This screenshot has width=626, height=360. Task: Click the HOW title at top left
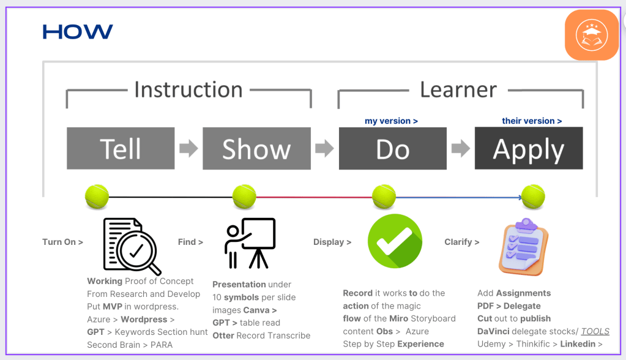78,32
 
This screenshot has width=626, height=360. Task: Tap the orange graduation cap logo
592,35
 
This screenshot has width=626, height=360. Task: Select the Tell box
121,148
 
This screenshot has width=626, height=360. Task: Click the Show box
257,148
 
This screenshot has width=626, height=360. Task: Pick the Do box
393,148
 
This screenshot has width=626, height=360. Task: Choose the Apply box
529,148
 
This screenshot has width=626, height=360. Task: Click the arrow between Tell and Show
188,148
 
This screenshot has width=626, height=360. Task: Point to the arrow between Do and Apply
461,148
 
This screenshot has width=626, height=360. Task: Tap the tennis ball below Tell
97,197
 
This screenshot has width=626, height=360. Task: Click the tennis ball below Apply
533,197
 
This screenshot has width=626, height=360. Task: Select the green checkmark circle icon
395,241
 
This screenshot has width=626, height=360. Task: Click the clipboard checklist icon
523,247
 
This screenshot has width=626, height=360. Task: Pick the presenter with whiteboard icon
250,243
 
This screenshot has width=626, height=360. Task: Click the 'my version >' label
391,121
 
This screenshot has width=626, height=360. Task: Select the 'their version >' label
532,121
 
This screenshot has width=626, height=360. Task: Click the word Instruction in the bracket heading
188,89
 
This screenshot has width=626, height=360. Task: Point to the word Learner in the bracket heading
458,89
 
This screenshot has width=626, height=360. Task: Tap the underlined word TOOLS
595,331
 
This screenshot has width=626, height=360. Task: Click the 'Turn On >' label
62,242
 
